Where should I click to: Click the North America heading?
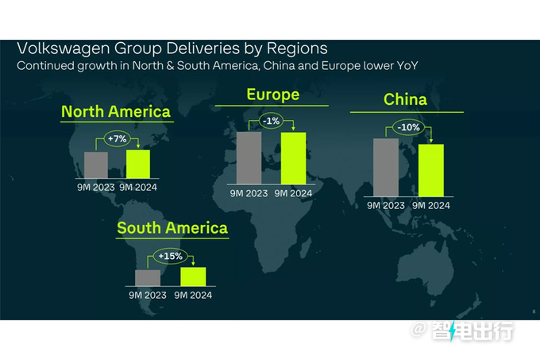[116, 110]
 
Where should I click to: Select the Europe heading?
[272, 95]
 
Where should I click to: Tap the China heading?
[405, 100]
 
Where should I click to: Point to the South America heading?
[172, 228]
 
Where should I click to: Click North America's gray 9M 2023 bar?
[96, 165]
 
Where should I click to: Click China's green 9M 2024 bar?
[431, 169]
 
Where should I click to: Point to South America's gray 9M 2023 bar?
[148, 278]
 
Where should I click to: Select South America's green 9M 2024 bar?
[193, 277]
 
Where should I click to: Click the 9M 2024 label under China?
[431, 206]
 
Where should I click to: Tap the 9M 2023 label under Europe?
[249, 193]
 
